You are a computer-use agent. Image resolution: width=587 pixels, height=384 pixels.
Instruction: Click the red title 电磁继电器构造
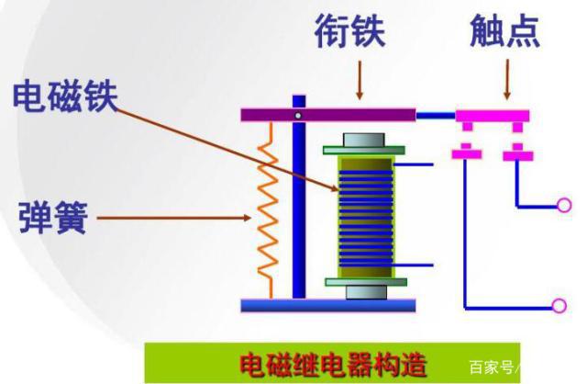[331, 363]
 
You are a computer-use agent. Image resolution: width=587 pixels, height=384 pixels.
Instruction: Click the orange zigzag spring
[267, 210]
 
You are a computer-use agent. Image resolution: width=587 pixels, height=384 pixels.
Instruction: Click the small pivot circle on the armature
[298, 115]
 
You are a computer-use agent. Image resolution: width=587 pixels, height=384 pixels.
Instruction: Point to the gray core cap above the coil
[365, 141]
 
